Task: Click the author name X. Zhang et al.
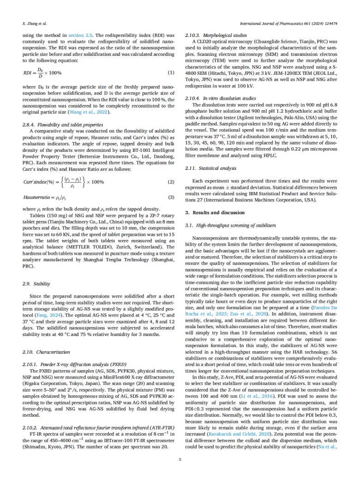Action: [x=34, y=22]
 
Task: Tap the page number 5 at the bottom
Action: [x=180, y=458]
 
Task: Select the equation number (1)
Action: [x=171, y=72]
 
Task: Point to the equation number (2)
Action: [x=171, y=182]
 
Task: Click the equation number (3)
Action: [x=171, y=198]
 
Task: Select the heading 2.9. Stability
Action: [x=36, y=284]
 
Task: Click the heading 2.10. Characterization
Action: [x=43, y=339]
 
